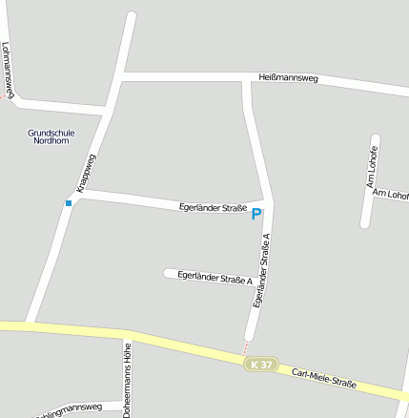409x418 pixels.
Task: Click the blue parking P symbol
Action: click(256, 215)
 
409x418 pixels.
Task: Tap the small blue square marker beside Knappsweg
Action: click(69, 203)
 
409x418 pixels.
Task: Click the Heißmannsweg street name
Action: click(288, 77)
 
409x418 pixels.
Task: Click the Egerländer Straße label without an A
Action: click(213, 207)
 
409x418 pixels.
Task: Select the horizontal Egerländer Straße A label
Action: click(215, 278)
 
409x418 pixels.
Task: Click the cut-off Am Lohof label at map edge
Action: click(391, 195)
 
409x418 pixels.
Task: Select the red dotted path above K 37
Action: click(246, 346)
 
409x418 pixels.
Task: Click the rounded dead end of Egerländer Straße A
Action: click(169, 274)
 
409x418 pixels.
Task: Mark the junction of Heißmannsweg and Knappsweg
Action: click(121, 76)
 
